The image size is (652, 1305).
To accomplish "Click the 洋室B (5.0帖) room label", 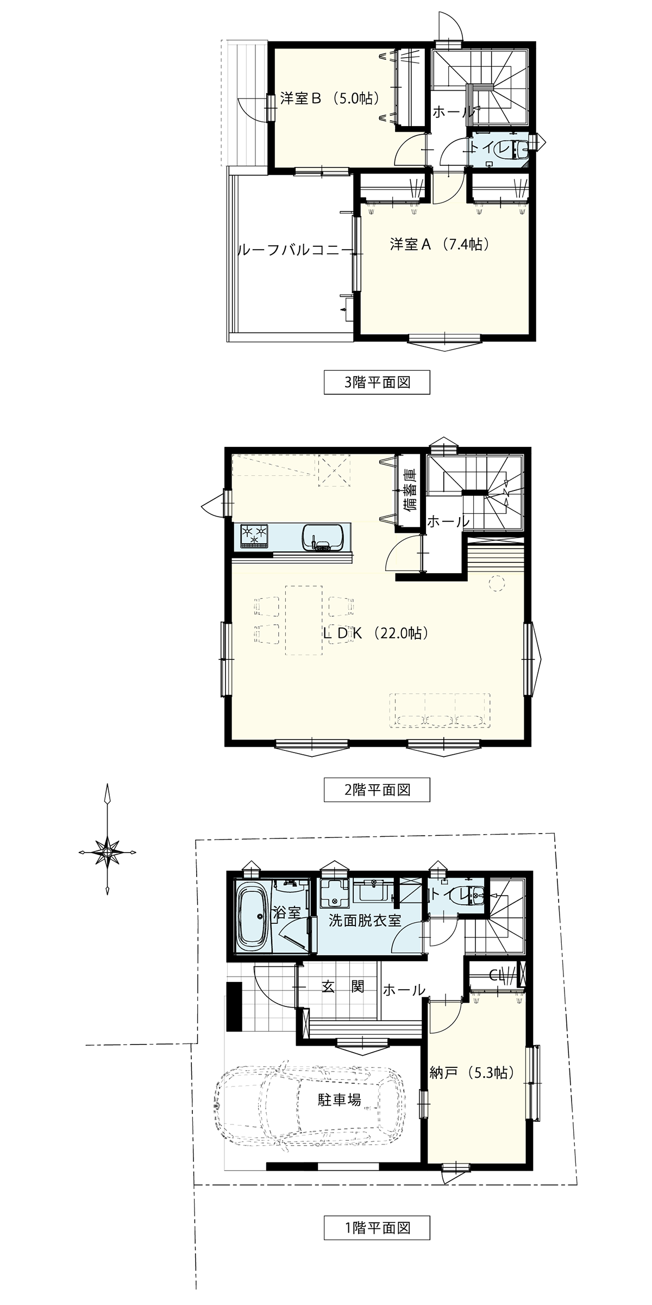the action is click(x=329, y=98).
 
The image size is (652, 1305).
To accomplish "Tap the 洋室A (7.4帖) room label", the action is click(x=440, y=245).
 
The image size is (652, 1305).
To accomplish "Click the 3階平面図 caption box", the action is click(x=377, y=382).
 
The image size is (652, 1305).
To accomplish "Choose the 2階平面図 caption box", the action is click(x=377, y=790).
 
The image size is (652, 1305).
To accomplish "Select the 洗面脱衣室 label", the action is click(x=365, y=921).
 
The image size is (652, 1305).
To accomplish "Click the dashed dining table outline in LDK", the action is click(x=304, y=620).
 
